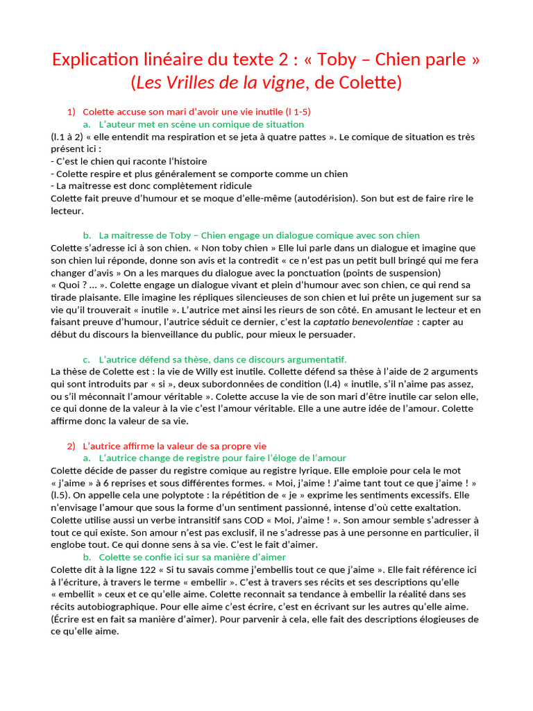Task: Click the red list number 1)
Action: [71, 112]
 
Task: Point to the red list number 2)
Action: [71, 446]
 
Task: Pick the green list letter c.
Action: [86, 360]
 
